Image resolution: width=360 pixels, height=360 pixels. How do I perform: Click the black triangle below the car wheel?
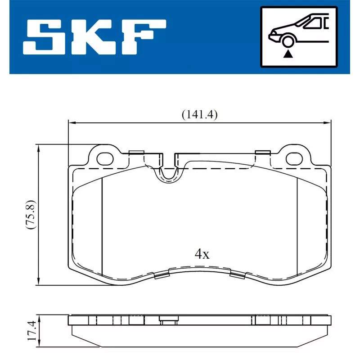pyautogui.click(x=287, y=54)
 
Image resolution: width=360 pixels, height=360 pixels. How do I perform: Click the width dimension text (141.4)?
pyautogui.click(x=199, y=115)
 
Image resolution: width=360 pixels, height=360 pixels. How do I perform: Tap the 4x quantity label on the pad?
pyautogui.click(x=202, y=254)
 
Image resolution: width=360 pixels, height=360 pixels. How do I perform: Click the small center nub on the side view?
pyautogui.click(x=167, y=321)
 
